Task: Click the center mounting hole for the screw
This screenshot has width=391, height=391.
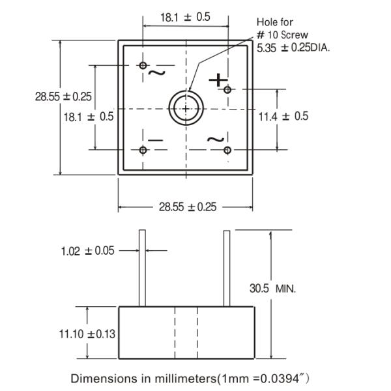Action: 186,108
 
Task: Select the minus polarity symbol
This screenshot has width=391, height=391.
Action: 155,139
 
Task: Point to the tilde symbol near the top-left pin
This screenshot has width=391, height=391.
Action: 156,72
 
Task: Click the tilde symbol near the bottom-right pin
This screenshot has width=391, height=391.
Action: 216,139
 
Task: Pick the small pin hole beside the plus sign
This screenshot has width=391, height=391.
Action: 227,89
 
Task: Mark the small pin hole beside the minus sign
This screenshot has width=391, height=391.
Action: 143,150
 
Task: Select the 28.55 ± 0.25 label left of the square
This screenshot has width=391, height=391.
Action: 64,96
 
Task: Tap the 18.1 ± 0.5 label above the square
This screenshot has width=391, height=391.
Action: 185,18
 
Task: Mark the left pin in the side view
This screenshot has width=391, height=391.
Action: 141,267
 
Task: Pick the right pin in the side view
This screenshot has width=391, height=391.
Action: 227,267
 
